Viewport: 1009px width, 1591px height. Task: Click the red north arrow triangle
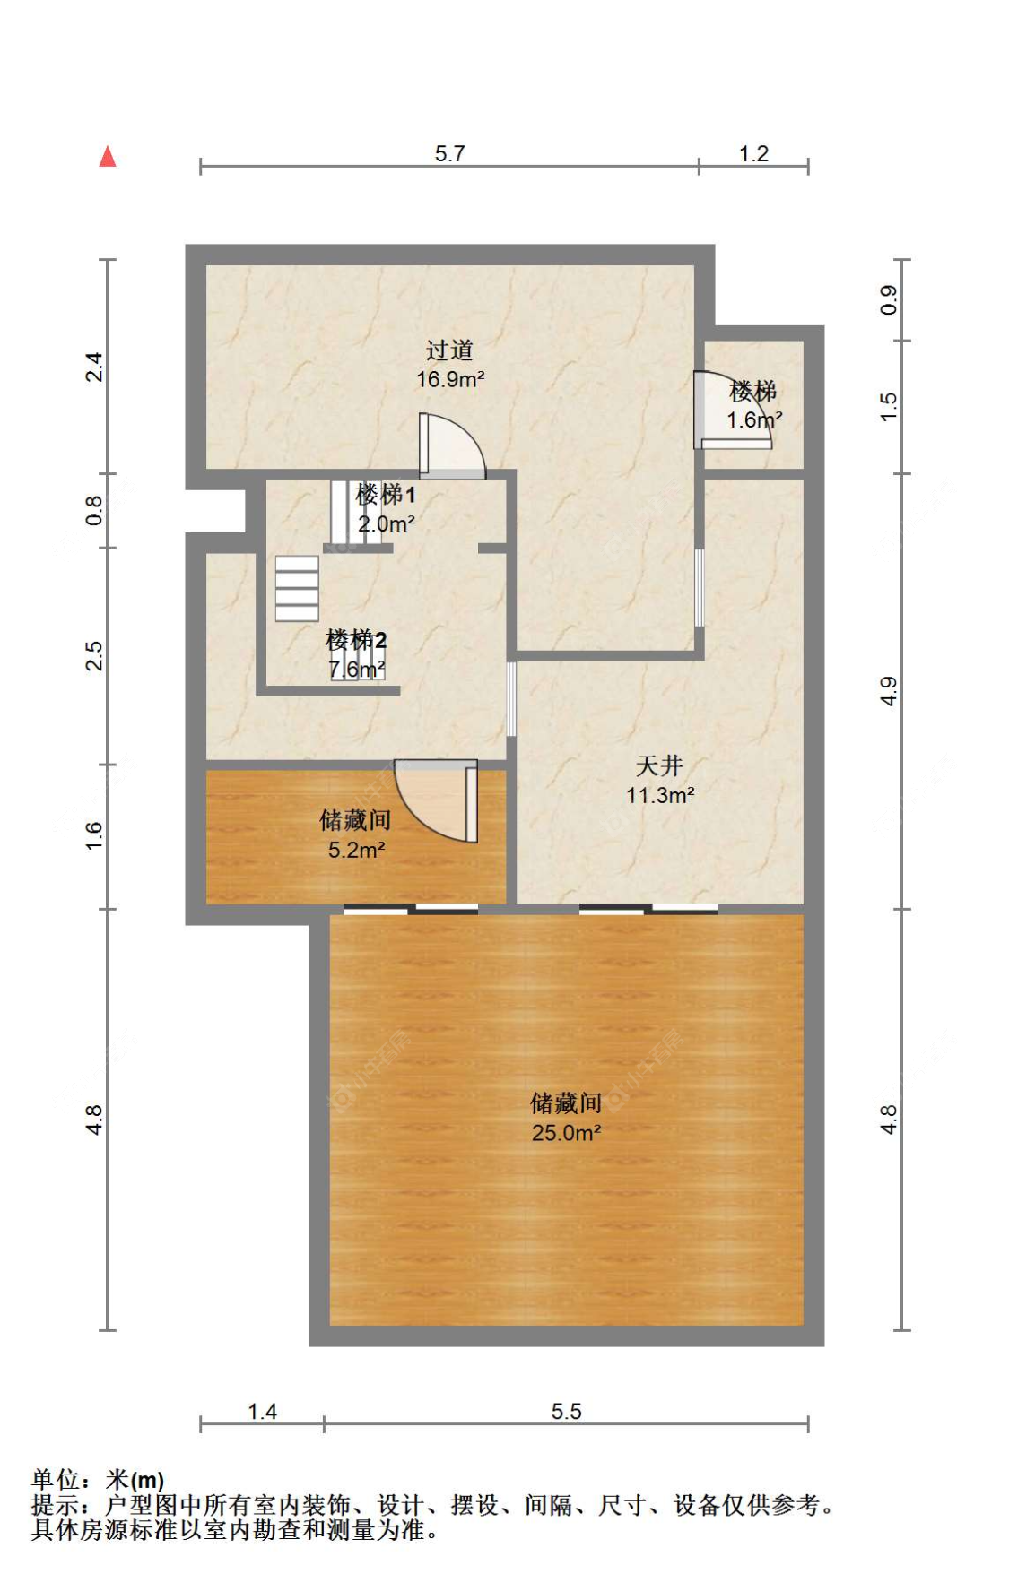[108, 157]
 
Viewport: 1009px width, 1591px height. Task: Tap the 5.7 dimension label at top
[449, 153]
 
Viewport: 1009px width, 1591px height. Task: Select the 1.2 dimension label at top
[753, 153]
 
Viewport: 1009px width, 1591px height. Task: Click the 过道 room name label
[449, 350]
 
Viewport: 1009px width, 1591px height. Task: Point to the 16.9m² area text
[450, 379]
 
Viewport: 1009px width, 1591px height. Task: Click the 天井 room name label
[659, 765]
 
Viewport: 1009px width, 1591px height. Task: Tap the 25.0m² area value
[566, 1133]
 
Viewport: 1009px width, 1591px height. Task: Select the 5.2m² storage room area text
[356, 850]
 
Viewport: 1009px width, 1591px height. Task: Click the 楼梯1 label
[386, 494]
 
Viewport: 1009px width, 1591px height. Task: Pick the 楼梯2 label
[356, 640]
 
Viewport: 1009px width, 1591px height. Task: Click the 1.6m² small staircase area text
[754, 419]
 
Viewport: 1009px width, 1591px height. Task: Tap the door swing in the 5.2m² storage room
[437, 800]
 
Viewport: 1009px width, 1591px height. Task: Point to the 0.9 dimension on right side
[888, 299]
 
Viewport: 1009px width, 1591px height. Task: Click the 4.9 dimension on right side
[888, 690]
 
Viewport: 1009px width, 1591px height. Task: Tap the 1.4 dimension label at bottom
[262, 1412]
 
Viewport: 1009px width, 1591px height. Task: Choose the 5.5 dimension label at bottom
[566, 1412]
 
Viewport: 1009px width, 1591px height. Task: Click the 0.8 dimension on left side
[94, 510]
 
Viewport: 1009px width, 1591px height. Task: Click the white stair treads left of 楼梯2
[297, 588]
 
